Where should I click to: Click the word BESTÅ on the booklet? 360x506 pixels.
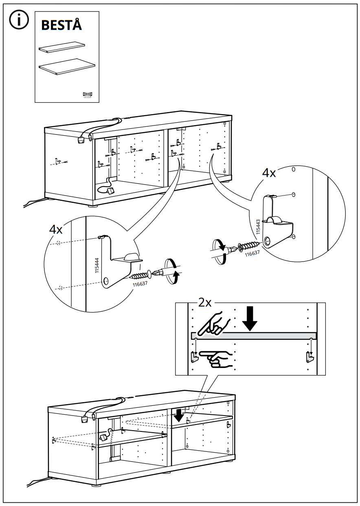[61, 25]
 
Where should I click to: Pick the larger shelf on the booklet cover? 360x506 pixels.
[67, 67]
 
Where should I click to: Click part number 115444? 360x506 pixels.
[97, 265]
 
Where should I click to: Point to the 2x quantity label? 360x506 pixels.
[205, 303]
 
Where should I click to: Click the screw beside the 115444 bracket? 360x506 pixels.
[140, 275]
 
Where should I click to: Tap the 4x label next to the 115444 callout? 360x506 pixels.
[56, 229]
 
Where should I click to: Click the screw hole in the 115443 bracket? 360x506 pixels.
[268, 240]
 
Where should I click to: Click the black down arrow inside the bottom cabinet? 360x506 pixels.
[178, 416]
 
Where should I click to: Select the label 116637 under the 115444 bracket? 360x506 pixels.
[140, 284]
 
